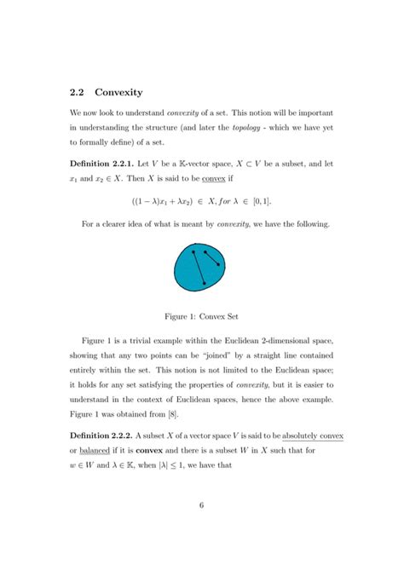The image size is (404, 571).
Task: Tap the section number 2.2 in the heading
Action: (x=78, y=92)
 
